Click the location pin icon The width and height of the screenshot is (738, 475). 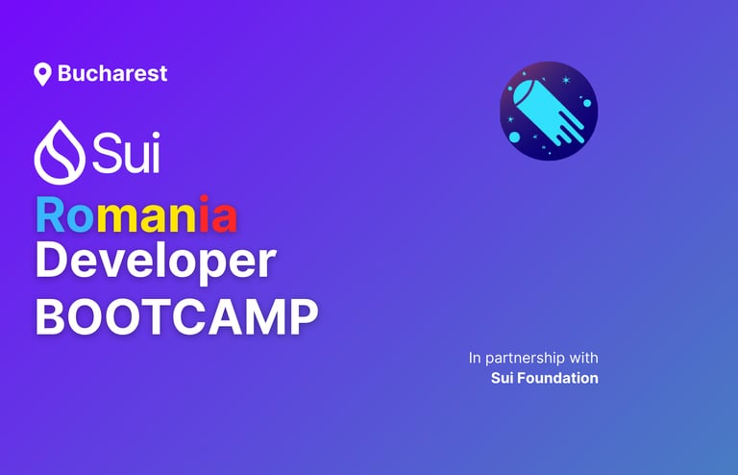(42, 74)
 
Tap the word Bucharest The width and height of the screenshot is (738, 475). (112, 73)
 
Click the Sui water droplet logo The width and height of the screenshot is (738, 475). (60, 152)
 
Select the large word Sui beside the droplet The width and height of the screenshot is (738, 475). (126, 152)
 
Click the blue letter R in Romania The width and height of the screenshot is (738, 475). (51, 214)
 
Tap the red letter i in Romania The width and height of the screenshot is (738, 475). (204, 213)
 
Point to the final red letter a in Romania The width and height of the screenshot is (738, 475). (224, 218)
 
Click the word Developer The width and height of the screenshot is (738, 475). (156, 262)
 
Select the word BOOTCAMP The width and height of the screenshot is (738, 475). (177, 316)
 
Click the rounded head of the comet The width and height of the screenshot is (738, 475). (526, 93)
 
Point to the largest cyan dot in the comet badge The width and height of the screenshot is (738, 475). (514, 137)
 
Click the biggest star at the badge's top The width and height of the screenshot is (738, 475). (566, 80)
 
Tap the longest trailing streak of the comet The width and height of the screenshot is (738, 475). (569, 126)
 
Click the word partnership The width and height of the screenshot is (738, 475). (525, 359)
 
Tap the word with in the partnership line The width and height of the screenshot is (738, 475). (583, 358)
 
